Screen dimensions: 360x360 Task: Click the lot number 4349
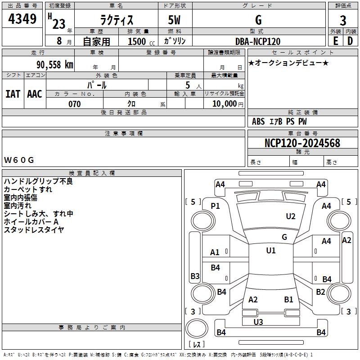pos(22,19)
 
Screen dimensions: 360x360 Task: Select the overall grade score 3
pos(343,20)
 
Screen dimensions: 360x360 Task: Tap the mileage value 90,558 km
pos(54,65)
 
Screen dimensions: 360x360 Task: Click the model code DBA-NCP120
pos(258,41)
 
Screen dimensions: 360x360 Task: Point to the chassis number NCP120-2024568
pos(302,143)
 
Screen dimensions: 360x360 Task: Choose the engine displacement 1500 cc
pos(141,41)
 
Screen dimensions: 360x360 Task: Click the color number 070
pos(75,104)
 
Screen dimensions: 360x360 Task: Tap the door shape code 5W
pos(174,20)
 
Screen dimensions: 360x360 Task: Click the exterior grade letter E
pos(335,41)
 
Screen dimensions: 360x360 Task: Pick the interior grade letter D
pos(350,41)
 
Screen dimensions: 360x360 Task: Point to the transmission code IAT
pos(13,94)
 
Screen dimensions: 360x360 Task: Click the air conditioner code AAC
pos(35,94)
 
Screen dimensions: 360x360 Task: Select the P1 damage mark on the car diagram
pos(215,206)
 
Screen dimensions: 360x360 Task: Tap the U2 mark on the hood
pos(291,216)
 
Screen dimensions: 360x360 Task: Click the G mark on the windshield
pos(284,237)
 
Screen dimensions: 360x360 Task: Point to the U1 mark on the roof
pos(271,251)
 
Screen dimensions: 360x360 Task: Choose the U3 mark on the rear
pos(258,322)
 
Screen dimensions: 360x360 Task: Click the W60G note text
pos(19,160)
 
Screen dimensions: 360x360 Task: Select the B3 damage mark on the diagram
pos(195,276)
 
